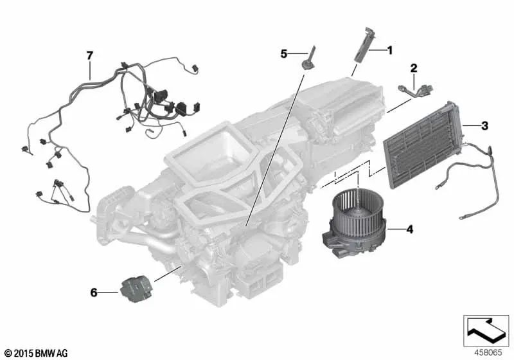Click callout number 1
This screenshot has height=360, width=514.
[389, 51]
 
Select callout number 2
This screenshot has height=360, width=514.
[414, 68]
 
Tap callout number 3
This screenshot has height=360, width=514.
[484, 125]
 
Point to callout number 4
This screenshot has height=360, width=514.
[410, 230]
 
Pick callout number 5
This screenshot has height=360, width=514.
[284, 54]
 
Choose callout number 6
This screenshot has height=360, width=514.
[94, 292]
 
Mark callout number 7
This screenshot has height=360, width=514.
[90, 56]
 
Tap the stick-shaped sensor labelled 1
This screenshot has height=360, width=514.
[361, 44]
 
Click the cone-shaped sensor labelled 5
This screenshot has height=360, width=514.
[310, 60]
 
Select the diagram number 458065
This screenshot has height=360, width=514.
[488, 352]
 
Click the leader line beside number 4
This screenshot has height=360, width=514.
[396, 230]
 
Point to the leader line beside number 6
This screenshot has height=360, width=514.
[109, 292]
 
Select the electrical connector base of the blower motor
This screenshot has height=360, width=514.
[338, 242]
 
